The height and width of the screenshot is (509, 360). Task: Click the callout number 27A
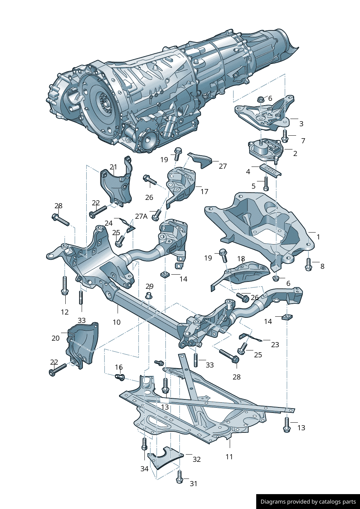click(141, 216)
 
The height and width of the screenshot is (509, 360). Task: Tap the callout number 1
click(318, 237)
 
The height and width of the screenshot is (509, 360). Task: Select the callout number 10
click(116, 322)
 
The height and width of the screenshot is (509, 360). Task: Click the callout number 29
click(149, 286)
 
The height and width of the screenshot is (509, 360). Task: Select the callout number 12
click(65, 312)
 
